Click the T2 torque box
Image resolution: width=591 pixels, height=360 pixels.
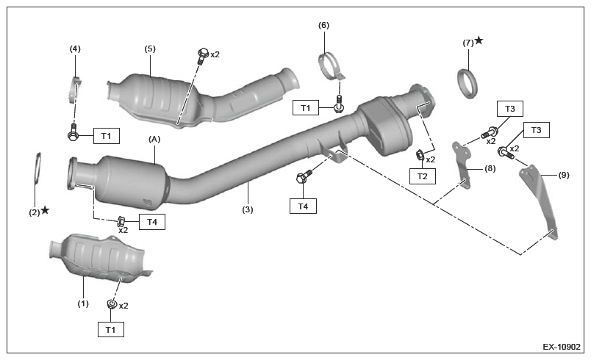[423, 176]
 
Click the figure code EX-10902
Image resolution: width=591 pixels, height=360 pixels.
[562, 347]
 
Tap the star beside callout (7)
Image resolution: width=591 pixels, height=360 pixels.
[479, 40]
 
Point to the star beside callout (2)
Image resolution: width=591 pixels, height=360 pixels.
[45, 209]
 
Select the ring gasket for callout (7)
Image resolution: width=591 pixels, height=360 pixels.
[468, 84]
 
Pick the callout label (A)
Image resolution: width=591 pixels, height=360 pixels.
[154, 140]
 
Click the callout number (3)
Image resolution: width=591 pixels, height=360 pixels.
[248, 209]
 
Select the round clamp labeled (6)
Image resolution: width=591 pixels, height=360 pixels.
[332, 67]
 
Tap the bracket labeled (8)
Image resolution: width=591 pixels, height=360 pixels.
[462, 165]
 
